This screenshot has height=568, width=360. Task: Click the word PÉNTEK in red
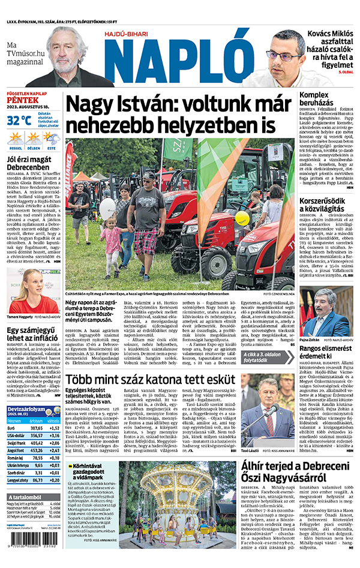point(19,101)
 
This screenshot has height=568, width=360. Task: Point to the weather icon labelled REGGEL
point(15,140)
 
